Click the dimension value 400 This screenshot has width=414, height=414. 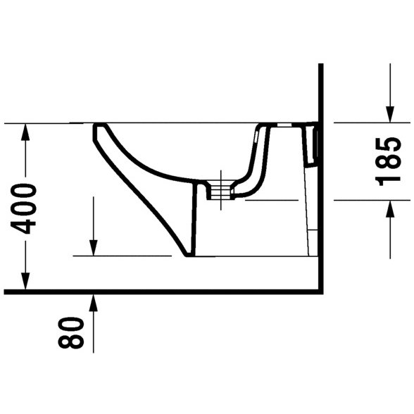click(x=23, y=209)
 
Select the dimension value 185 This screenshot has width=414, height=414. click(x=388, y=162)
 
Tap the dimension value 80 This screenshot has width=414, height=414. click(x=70, y=332)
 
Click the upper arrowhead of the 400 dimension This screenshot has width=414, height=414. click(x=25, y=133)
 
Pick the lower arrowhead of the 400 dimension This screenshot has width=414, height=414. click(x=25, y=281)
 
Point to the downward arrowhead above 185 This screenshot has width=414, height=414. click(x=390, y=114)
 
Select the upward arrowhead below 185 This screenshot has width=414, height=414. click(x=390, y=209)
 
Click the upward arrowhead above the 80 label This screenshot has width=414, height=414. click(x=93, y=303)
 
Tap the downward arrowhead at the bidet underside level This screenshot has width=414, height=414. click(x=93, y=247)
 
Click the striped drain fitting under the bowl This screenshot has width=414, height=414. click(x=220, y=190)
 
